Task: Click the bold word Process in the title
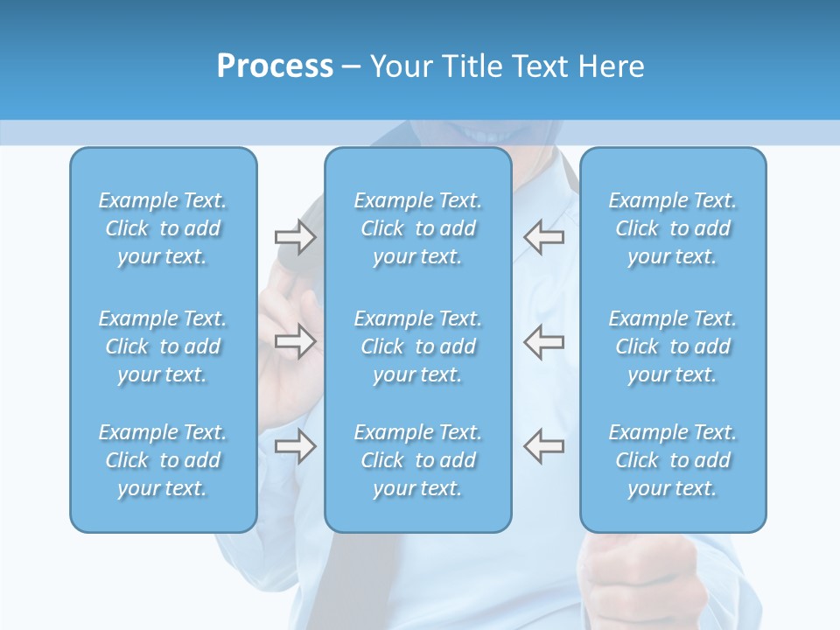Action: pyautogui.click(x=275, y=66)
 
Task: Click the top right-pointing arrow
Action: pyautogui.click(x=295, y=235)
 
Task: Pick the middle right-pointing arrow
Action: pyautogui.click(x=295, y=342)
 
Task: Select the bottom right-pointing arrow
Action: pyautogui.click(x=295, y=445)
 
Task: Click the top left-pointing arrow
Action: pyautogui.click(x=543, y=235)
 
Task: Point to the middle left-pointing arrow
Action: pyautogui.click(x=543, y=342)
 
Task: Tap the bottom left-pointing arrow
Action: pyautogui.click(x=543, y=445)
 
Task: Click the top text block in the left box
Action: pyautogui.click(x=163, y=228)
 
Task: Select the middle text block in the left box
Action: pyautogui.click(x=163, y=346)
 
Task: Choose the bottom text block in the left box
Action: pyautogui.click(x=163, y=460)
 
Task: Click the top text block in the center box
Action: pyautogui.click(x=417, y=228)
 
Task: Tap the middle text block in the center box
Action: pyautogui.click(x=417, y=346)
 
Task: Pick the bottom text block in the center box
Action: pyautogui.click(x=417, y=460)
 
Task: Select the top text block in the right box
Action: pyautogui.click(x=672, y=228)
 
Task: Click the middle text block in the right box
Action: pyautogui.click(x=672, y=346)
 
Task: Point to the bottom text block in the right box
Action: pyautogui.click(x=672, y=460)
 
